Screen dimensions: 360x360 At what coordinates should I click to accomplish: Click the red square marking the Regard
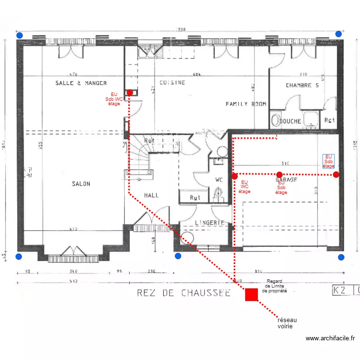point(251,294)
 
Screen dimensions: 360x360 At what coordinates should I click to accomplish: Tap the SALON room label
point(81,184)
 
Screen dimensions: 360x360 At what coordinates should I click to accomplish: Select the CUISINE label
point(172,83)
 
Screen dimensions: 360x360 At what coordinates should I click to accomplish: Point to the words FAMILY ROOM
point(246,104)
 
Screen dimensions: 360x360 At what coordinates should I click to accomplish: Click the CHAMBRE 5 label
point(302,86)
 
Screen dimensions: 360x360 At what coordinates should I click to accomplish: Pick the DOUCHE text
point(290,121)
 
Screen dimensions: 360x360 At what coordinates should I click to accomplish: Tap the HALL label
point(151,195)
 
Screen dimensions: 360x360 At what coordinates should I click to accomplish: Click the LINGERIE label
point(210,223)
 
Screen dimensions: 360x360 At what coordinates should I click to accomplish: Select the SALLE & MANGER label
point(81,83)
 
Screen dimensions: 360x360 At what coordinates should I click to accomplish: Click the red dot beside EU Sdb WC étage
point(130,93)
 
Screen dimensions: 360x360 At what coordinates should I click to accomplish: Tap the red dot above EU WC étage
point(234,176)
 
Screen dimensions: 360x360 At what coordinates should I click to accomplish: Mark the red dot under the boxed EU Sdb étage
point(336,175)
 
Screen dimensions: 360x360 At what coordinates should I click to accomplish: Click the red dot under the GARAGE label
point(279,175)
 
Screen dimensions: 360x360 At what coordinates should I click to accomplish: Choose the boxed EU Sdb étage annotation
point(329,161)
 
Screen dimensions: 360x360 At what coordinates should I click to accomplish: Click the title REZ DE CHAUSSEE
point(183,292)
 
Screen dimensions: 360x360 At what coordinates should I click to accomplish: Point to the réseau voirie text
point(287,323)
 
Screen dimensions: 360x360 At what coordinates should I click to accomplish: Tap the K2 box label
point(341,290)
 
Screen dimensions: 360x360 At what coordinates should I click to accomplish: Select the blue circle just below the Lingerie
point(178,256)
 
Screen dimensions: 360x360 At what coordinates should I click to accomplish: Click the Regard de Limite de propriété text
point(276,286)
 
